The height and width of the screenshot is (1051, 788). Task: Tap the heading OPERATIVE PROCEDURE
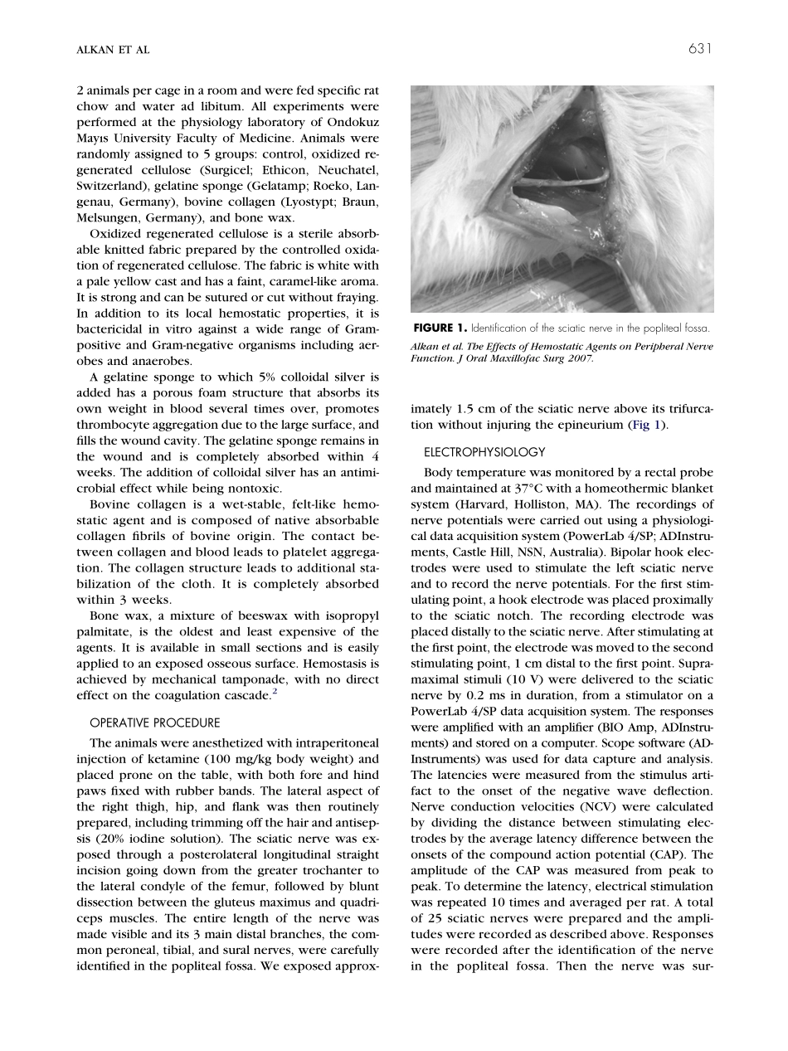(x=154, y=723)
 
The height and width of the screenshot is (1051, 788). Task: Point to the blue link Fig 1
(x=649, y=425)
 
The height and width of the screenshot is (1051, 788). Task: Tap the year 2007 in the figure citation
(x=580, y=358)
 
